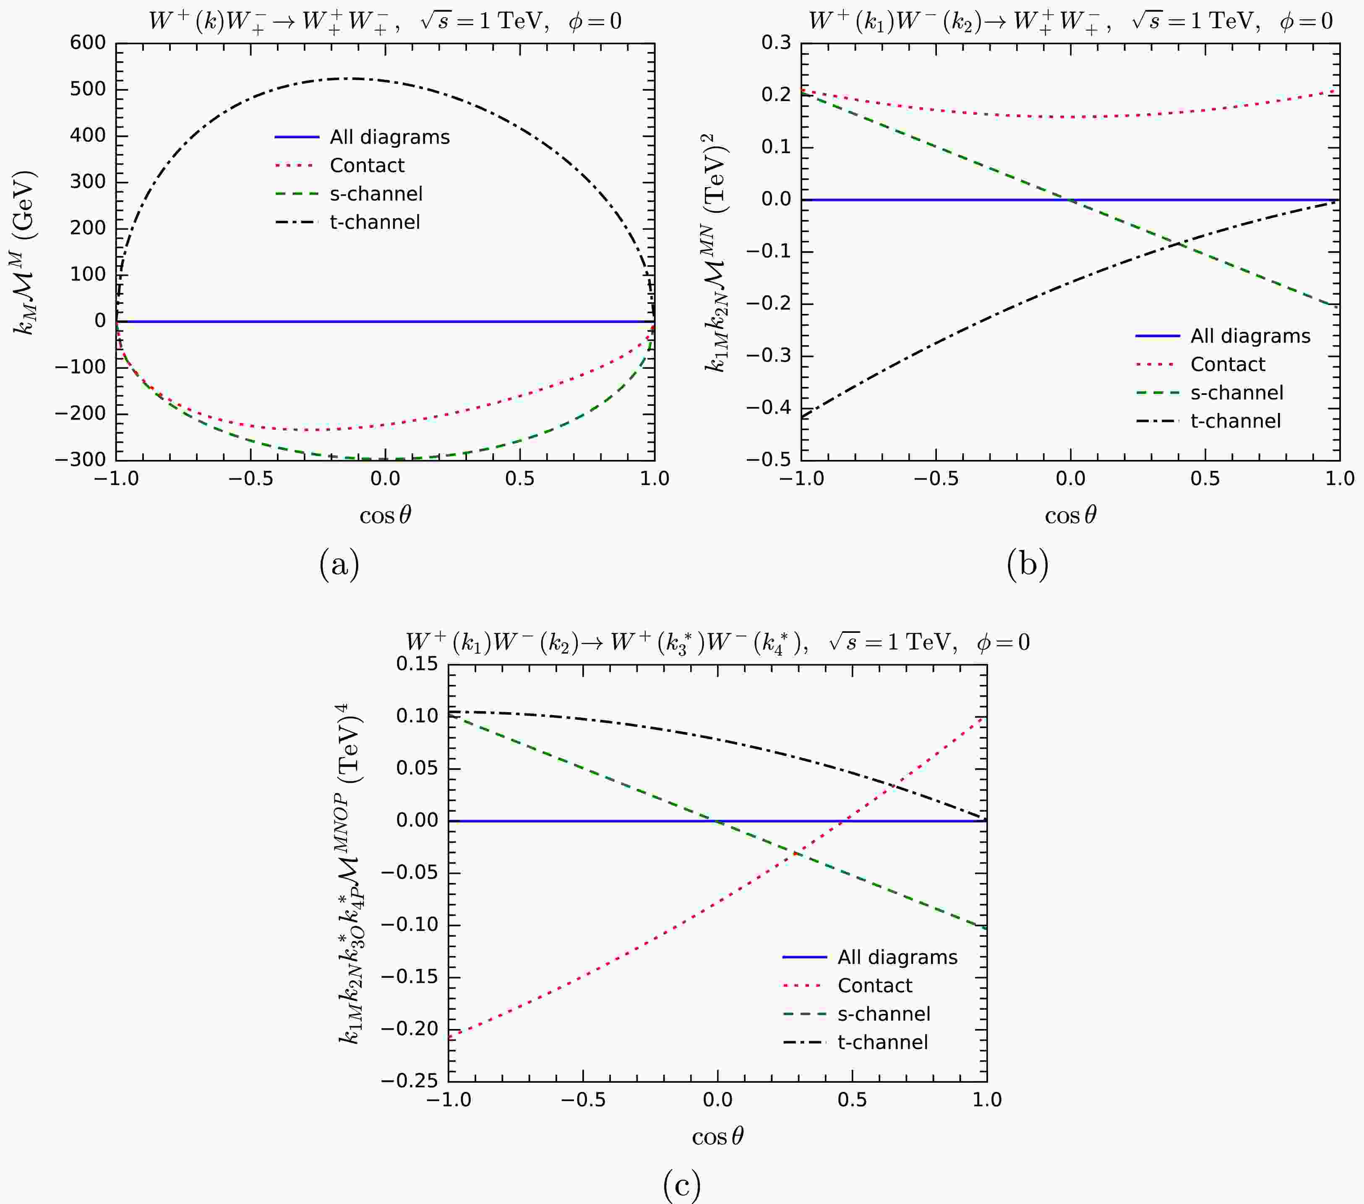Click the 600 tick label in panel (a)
[x=87, y=43]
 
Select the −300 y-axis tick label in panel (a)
[x=80, y=460]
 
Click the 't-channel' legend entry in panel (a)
[x=374, y=222]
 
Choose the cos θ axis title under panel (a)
[x=385, y=515]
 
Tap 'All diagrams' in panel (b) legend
[x=1250, y=337]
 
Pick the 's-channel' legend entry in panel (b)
[x=1236, y=393]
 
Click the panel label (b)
[x=1027, y=564]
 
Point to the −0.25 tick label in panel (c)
[x=409, y=1081]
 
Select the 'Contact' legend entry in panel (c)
[x=874, y=986]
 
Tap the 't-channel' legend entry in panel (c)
[x=882, y=1042]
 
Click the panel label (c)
[x=682, y=1186]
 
